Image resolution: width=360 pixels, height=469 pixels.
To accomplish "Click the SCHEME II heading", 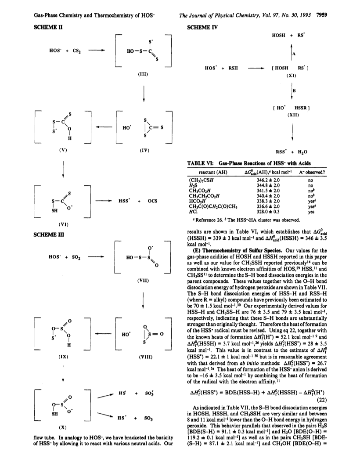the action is (48, 27).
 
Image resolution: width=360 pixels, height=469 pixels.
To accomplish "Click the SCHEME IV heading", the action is (202, 27).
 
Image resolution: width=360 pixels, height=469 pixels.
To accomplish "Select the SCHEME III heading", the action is (49, 234).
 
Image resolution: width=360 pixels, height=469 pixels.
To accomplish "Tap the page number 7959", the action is (321, 15).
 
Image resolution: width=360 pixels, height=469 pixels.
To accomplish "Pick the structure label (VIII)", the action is (146, 357).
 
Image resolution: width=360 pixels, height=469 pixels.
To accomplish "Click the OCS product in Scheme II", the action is (152, 201).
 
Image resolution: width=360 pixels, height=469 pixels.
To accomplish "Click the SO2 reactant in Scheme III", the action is (76, 257).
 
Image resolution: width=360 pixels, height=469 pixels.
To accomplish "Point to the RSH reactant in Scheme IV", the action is (233, 68).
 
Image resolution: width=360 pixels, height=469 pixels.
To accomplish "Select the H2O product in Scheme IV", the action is (302, 152).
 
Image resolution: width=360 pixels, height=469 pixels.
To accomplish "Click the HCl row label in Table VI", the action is (193, 212).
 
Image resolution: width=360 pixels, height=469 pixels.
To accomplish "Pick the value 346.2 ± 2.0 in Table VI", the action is (268, 180).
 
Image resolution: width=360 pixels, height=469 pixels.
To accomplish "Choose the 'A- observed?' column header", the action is (312, 172).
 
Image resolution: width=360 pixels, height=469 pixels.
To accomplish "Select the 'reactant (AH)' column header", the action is (213, 172).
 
